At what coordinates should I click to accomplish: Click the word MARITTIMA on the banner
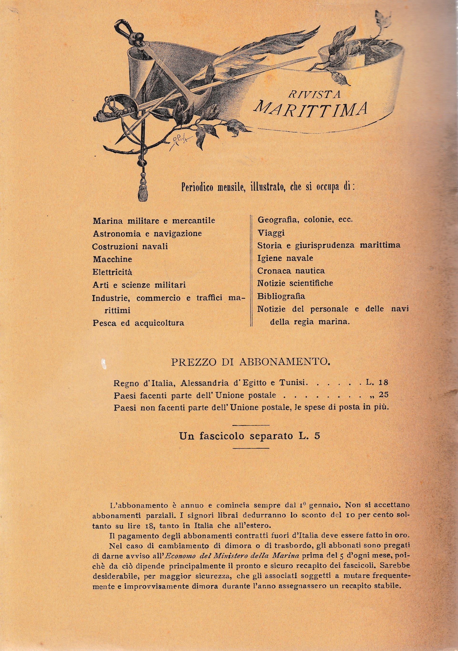coord(311,109)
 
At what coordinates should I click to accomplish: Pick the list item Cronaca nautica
coord(291,271)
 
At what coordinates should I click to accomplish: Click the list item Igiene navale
coord(285,258)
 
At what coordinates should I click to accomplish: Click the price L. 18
coord(377,383)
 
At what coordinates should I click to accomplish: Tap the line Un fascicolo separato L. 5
coord(250,436)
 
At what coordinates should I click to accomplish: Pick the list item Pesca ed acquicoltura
coord(138,323)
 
